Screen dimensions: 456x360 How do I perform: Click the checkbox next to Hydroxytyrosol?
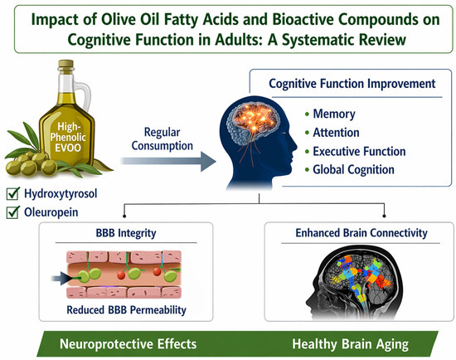(12, 194)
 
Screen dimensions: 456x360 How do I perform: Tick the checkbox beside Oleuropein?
(12, 212)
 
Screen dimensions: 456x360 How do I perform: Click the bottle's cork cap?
(65, 64)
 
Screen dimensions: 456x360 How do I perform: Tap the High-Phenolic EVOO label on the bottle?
(68, 137)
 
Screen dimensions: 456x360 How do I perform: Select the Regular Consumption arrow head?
(208, 161)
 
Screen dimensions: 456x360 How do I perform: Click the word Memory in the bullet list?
(334, 114)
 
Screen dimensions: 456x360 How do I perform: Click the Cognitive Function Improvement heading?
(352, 84)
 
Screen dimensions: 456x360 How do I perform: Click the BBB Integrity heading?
(126, 233)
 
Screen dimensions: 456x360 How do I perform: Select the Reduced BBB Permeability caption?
(126, 310)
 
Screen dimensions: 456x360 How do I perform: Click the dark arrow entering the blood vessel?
(62, 279)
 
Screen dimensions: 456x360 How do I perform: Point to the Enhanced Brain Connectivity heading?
(361, 233)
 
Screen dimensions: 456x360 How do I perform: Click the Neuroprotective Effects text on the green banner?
(128, 344)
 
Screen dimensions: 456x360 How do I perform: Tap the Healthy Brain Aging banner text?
(350, 344)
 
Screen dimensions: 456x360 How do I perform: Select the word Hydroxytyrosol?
(61, 194)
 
